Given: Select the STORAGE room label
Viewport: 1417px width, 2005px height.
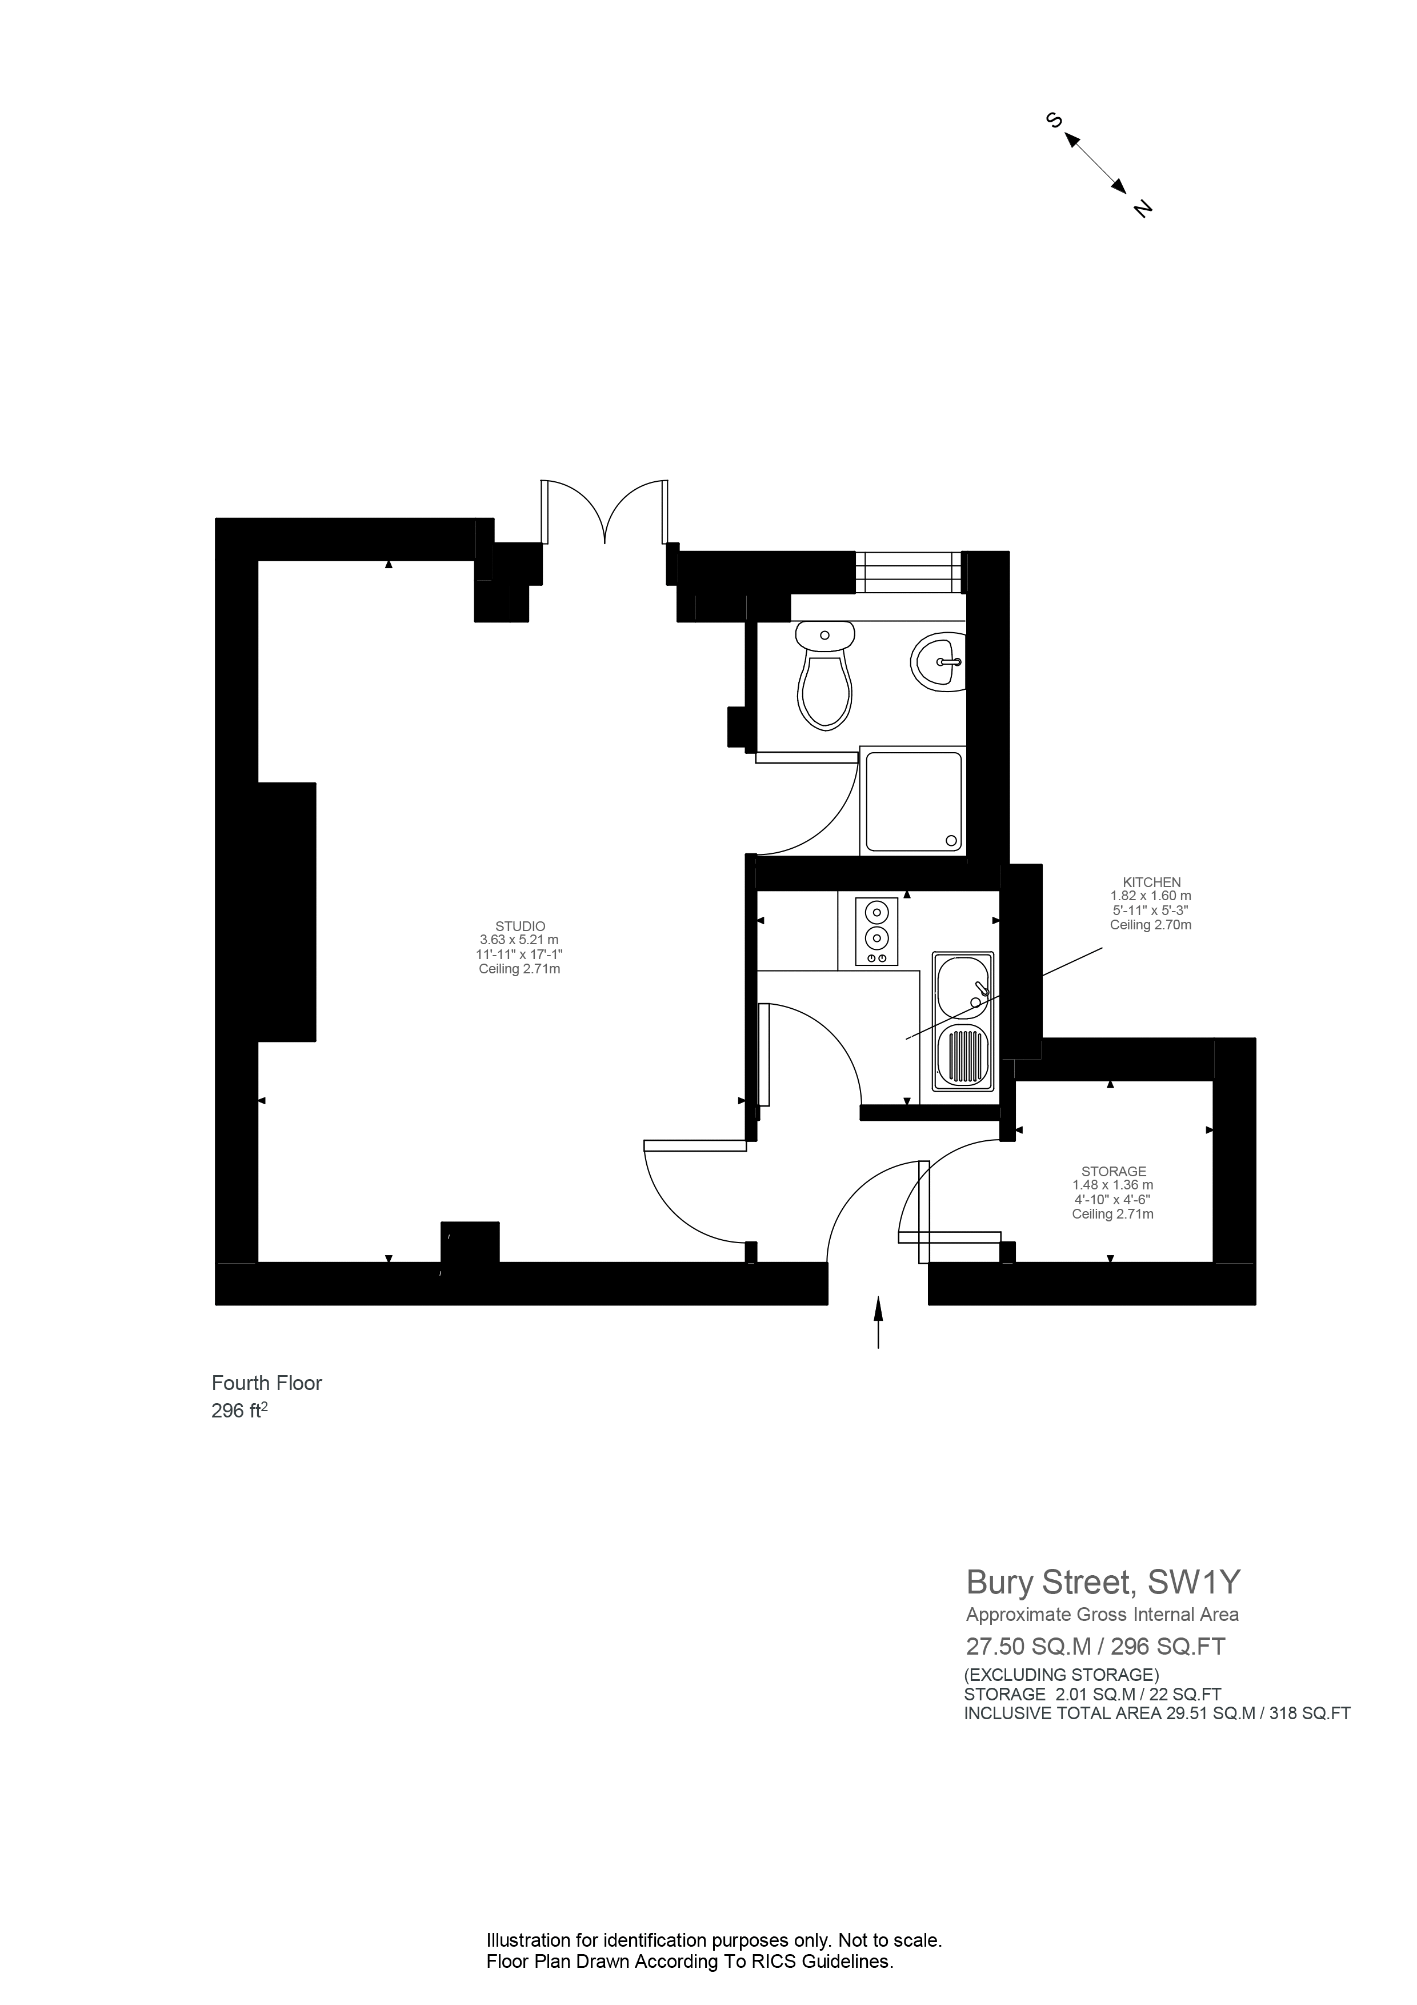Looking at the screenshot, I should [1113, 1171].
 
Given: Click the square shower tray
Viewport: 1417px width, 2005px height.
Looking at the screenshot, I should [913, 802].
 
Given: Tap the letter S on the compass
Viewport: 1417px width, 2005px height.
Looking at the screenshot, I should [1053, 121].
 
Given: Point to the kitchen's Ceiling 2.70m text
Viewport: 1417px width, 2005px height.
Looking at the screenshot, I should [1151, 925].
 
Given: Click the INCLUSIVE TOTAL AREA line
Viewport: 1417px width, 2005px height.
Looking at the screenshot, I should [1157, 1714].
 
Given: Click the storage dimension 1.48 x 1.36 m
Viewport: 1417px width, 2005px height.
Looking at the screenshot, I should [1113, 1185].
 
